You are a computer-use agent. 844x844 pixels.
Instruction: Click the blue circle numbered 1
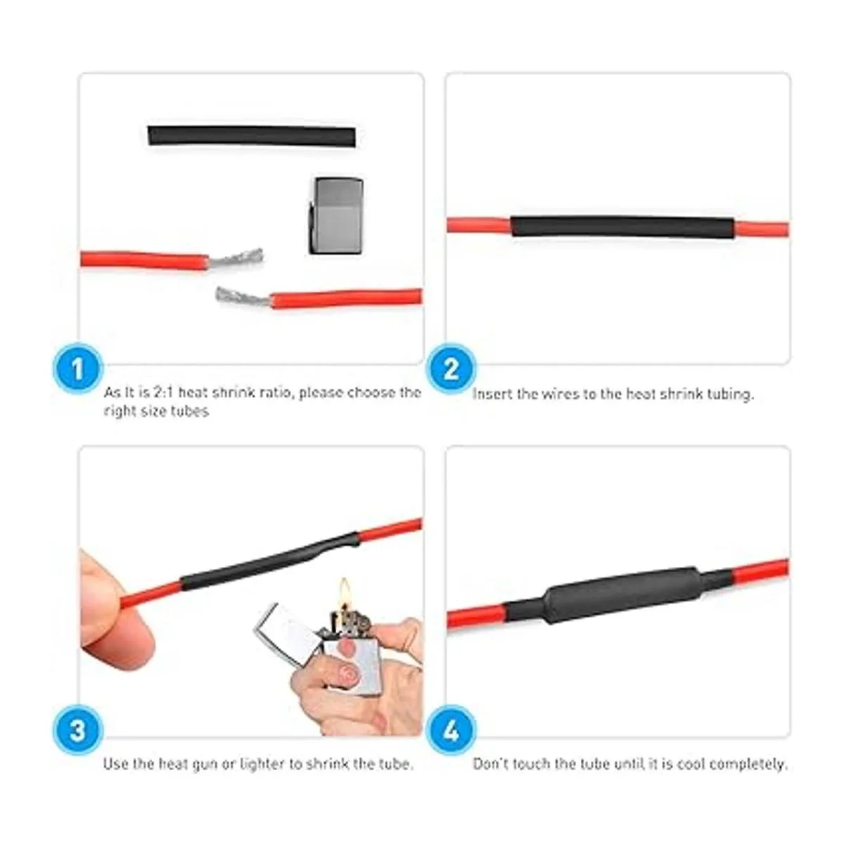(x=77, y=369)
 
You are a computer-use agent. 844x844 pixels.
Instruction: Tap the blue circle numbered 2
(x=451, y=369)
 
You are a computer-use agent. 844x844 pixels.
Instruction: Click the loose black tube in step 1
(x=251, y=136)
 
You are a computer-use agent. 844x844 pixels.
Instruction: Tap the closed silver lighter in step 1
(x=336, y=216)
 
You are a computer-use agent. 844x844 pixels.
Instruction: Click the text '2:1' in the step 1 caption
(x=163, y=392)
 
